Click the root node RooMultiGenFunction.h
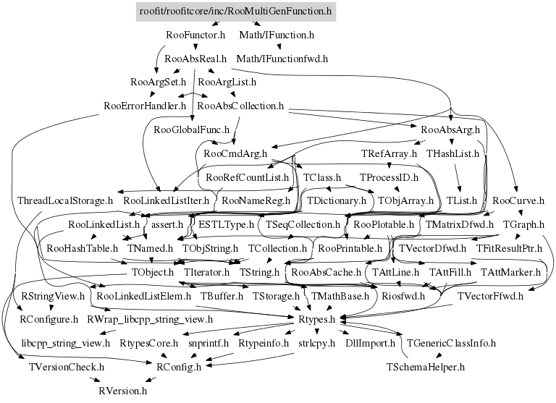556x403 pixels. [235, 12]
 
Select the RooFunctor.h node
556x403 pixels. [195, 34]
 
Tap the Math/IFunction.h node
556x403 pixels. [277, 34]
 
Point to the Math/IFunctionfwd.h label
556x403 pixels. [282, 58]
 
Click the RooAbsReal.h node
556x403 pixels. [196, 58]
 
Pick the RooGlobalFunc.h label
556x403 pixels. [192, 130]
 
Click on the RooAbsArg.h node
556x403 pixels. [450, 130]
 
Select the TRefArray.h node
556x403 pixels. [389, 154]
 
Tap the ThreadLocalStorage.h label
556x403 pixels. [65, 200]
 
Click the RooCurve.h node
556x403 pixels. [515, 200]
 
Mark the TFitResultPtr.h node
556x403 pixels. [509, 249]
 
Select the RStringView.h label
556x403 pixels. [53, 296]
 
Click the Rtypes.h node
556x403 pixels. [316, 319]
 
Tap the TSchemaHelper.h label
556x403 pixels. [426, 367]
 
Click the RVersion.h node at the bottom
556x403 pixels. [123, 391]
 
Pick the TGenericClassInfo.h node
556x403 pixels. [451, 342]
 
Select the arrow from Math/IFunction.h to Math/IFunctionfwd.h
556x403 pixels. [280, 46]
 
